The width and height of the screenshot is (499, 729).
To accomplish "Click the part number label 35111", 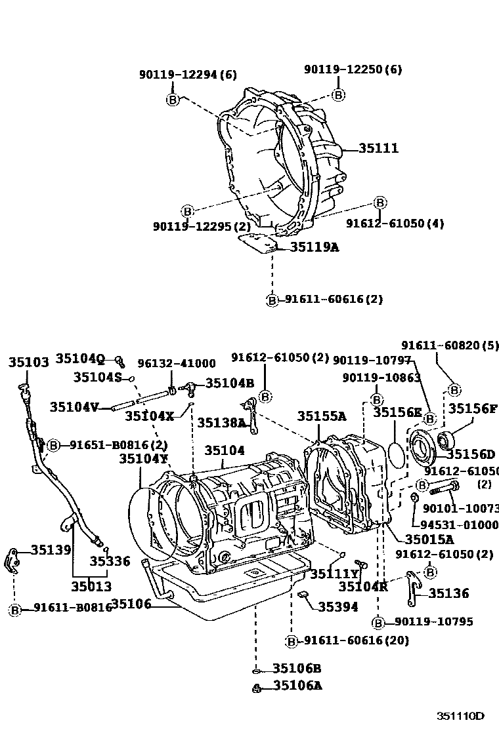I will (378, 148).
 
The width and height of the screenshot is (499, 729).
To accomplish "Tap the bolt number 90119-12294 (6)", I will (188, 75).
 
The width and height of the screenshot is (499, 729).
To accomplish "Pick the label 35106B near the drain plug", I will (297, 669).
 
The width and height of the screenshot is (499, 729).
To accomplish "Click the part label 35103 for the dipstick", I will (28, 363).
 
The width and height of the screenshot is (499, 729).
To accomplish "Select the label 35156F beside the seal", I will (472, 409).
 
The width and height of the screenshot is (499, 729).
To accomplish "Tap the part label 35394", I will (338, 607).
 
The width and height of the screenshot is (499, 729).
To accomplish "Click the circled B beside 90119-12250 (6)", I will (338, 95).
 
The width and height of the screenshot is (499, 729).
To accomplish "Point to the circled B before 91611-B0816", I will (15, 610).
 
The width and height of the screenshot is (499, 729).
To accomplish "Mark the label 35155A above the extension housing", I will (321, 416).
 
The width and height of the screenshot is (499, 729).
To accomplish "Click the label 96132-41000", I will (176, 364).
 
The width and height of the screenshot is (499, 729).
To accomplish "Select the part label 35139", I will (51, 550).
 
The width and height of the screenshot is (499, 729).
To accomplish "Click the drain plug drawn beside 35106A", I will (258, 687).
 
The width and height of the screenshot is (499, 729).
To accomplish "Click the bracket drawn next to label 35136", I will (411, 587).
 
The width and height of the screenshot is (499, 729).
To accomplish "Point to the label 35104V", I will (74, 406).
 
